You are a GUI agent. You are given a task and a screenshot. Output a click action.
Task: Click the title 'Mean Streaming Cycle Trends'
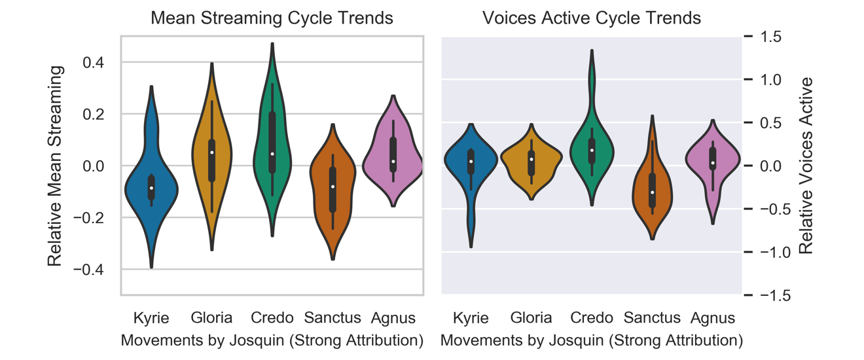(x=272, y=18)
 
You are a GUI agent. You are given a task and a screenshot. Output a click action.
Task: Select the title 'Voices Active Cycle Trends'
(x=592, y=18)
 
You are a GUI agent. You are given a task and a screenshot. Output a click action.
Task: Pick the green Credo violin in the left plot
(x=272, y=131)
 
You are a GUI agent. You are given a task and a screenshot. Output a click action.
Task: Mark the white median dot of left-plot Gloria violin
(x=212, y=153)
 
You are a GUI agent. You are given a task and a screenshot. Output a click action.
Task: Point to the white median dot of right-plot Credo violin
(x=592, y=151)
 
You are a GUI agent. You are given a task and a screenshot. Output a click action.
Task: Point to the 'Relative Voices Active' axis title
(x=806, y=166)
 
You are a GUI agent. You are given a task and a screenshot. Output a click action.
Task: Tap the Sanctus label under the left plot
(x=333, y=319)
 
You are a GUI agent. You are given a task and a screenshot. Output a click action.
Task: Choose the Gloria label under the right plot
(x=531, y=319)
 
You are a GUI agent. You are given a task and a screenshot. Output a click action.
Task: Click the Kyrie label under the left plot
(x=151, y=319)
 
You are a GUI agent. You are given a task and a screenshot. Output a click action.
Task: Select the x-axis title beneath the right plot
(x=592, y=340)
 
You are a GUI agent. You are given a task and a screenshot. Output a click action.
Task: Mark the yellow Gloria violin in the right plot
(x=531, y=160)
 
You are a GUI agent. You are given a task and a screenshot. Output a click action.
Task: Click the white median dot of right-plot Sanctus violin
(x=652, y=192)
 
